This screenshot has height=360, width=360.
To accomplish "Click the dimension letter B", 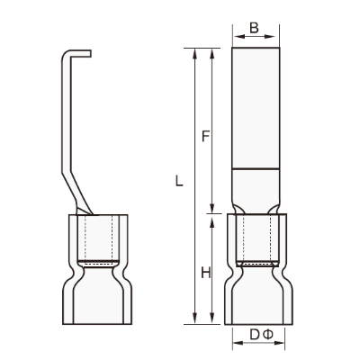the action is coord(254,28).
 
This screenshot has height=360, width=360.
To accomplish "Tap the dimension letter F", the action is coord(205,136).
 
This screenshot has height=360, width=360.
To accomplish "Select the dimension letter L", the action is coord(179,181).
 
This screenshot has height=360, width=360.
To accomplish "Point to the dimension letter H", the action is coord(205,274).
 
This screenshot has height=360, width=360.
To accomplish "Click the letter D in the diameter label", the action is coord(254,335).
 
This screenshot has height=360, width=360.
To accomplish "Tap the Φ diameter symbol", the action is coord(268,335).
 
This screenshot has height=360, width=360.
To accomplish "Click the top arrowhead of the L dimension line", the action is coord(195,53).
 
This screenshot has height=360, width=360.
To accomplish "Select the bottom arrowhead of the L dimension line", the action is coord(195,319).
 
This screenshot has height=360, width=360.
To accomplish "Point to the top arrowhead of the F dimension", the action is coord(212,53).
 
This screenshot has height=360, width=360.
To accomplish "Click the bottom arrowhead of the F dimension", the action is coord(212,209).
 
